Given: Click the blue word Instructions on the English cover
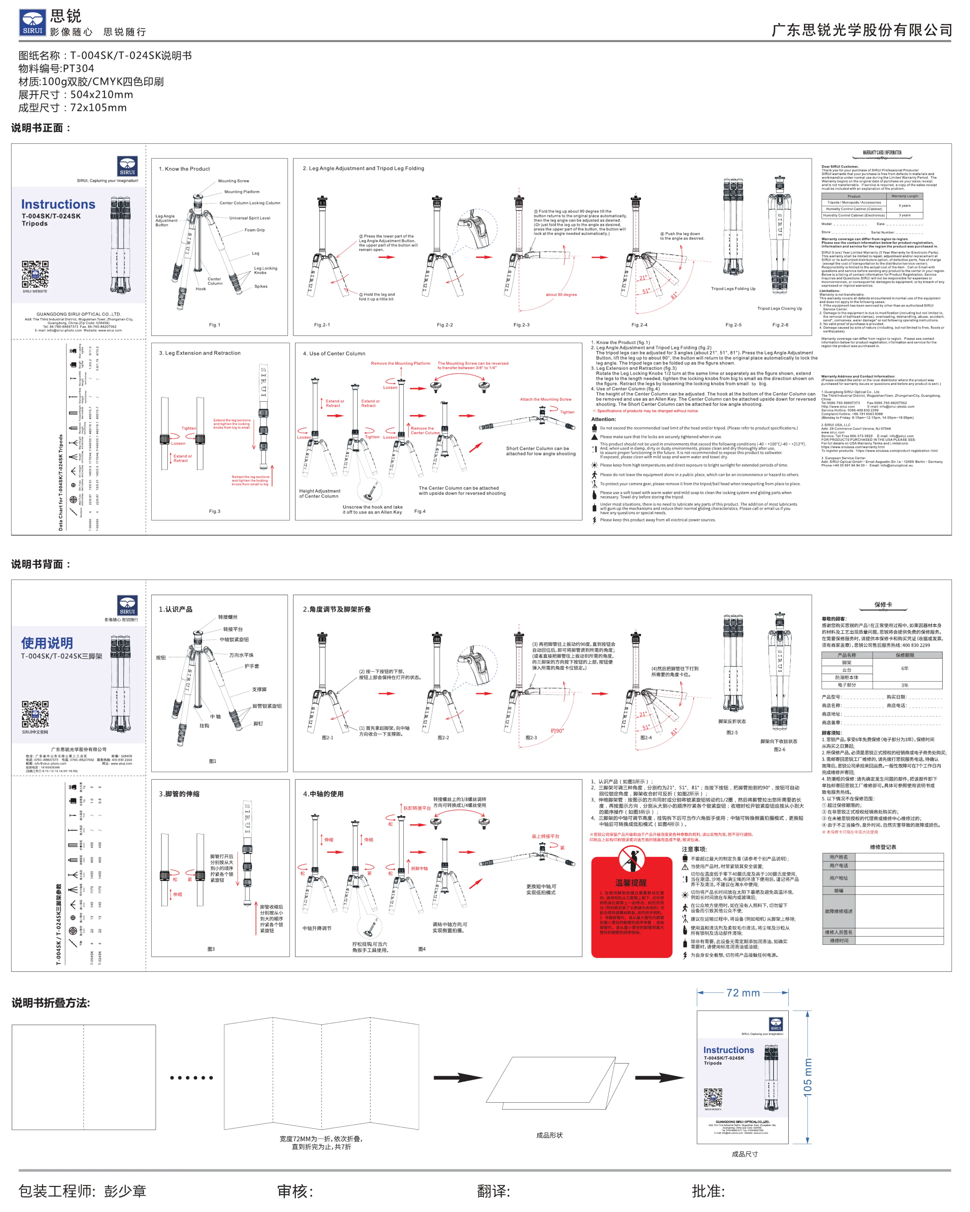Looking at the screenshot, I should click(x=58, y=204).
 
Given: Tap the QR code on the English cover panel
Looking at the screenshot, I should click(x=35, y=274).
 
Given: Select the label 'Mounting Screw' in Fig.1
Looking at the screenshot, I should click(x=233, y=181).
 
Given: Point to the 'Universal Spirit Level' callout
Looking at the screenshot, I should click(x=249, y=218).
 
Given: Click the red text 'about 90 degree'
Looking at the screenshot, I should click(x=561, y=295).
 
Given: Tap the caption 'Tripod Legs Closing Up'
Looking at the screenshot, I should click(x=779, y=309).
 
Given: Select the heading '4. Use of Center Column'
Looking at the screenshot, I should click(x=334, y=354).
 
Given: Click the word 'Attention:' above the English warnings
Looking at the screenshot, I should click(x=603, y=419).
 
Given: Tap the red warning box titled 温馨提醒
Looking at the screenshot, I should click(x=631, y=907).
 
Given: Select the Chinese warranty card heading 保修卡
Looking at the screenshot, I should click(x=883, y=605).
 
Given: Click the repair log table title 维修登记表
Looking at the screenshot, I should click(x=883, y=847).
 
